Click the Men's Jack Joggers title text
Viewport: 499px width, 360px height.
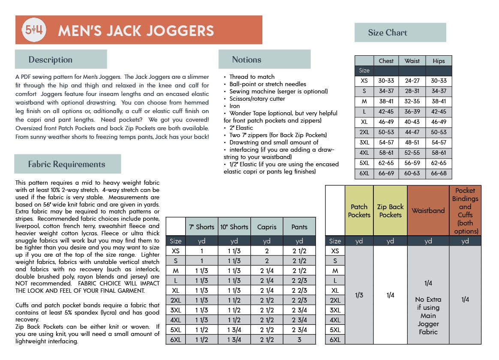(136, 30)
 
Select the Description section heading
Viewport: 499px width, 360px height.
(51, 60)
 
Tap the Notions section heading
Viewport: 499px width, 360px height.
(246, 60)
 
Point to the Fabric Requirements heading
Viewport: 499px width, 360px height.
(66, 164)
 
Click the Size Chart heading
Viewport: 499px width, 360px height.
(388, 33)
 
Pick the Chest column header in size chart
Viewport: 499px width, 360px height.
(386, 61)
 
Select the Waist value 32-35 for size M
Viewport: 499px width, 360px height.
(412, 102)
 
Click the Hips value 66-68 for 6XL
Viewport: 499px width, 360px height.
(439, 173)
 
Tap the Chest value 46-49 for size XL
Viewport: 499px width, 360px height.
(386, 122)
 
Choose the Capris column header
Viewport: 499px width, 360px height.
(267, 227)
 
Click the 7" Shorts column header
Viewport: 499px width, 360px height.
(201, 227)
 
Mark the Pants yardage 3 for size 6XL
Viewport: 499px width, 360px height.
(299, 339)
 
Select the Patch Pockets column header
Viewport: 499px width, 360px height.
(359, 211)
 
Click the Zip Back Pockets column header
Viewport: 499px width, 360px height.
(390, 211)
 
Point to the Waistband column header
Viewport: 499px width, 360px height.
(428, 210)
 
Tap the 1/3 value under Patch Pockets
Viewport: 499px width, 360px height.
(359, 295)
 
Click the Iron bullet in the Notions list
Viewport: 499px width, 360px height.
(234, 106)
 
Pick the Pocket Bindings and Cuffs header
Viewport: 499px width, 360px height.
(465, 210)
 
